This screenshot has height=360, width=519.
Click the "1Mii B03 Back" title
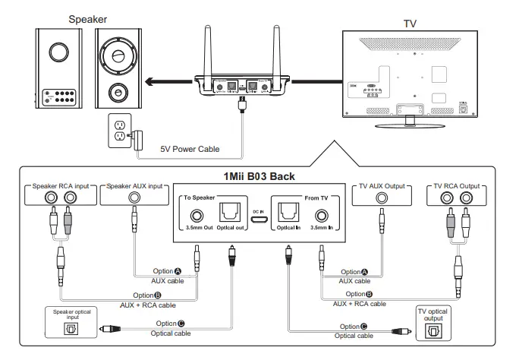pos(258,176)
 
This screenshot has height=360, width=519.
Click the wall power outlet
pos(118,130)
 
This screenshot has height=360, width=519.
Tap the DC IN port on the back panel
pos(259,219)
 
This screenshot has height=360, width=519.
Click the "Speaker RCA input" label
pos(61,186)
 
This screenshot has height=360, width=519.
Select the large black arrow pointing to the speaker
pos(168,82)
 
